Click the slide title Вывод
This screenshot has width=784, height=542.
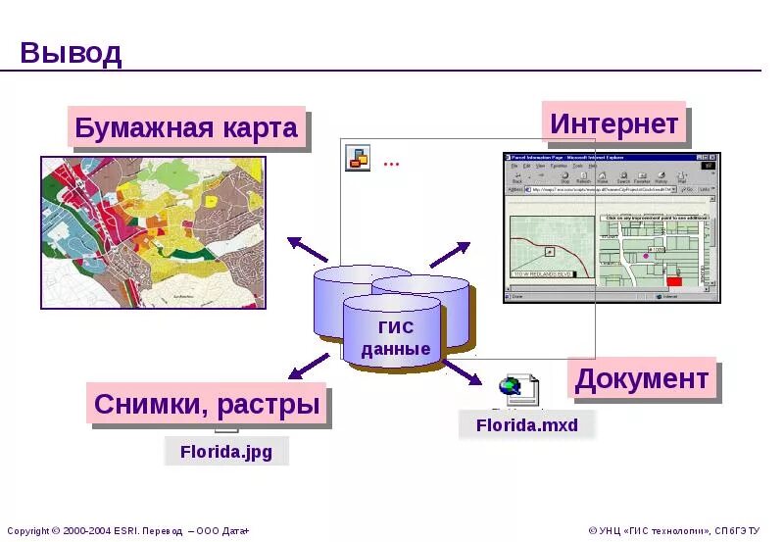pyautogui.click(x=71, y=52)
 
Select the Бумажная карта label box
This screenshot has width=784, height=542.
pyautogui.click(x=186, y=128)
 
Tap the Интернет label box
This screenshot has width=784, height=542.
pyautogui.click(x=614, y=123)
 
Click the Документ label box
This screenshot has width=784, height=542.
pyautogui.click(x=642, y=378)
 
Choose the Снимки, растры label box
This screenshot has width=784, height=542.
pyautogui.click(x=208, y=404)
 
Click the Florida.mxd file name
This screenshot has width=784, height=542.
pyautogui.click(x=527, y=424)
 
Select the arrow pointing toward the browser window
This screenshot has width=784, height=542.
pyautogui.click(x=450, y=254)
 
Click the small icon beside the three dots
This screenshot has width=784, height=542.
pyautogui.click(x=358, y=157)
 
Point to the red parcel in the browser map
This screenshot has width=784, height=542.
pyautogui.click(x=673, y=281)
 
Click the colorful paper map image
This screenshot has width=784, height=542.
pyautogui.click(x=152, y=231)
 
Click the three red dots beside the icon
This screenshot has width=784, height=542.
pyautogui.click(x=391, y=163)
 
